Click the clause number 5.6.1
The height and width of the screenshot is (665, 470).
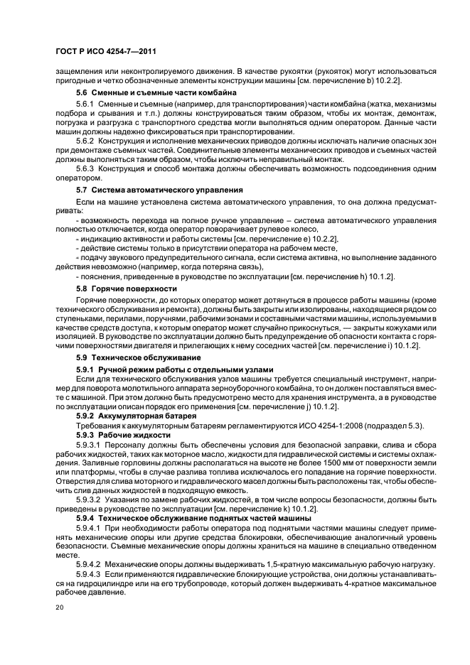[x=85, y=104]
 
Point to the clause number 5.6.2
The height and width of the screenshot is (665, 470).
[x=85, y=141]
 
